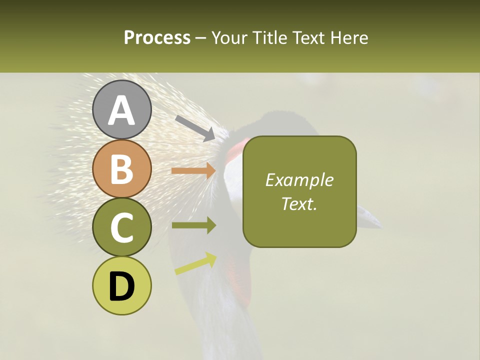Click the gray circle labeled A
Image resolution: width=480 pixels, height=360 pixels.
122,109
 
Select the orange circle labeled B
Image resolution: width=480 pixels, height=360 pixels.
122,168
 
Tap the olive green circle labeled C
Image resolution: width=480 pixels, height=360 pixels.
122,227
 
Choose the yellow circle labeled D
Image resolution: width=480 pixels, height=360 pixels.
122,285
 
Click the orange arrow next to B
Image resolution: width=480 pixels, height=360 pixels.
193,171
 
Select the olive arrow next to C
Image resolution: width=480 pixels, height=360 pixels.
193,225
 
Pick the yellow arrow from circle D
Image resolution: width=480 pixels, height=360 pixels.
195,263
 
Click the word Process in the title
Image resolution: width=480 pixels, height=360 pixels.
157,37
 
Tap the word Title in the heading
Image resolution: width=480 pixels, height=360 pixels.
268,37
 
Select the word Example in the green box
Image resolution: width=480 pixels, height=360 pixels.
299,180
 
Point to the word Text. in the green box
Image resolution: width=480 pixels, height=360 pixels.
299,203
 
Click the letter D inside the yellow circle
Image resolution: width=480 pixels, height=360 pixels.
122,286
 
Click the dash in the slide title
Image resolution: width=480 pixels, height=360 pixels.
201,38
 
